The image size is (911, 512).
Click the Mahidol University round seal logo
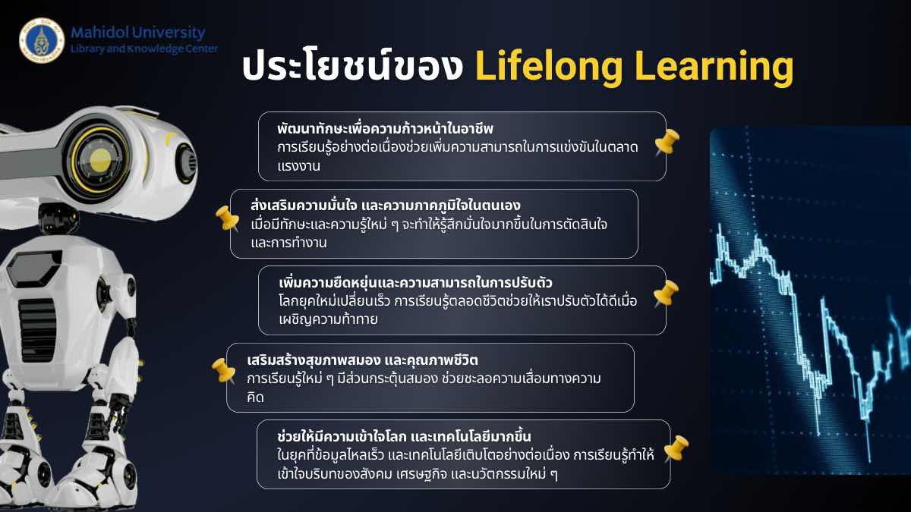42,40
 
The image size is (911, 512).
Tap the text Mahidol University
138,33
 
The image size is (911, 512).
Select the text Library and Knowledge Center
144,49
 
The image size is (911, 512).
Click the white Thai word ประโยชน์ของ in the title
352,65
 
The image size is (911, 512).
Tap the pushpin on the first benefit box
667,142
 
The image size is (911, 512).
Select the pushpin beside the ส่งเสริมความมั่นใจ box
227,218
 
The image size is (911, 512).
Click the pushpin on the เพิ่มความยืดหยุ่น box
667,293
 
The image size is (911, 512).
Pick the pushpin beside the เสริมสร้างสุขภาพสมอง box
224,371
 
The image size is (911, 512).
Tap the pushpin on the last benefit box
676,448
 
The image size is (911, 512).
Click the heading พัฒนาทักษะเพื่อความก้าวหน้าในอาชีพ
385,129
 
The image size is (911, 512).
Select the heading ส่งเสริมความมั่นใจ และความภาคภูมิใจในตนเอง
386,206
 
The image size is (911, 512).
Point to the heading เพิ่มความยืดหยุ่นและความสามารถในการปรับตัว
416,282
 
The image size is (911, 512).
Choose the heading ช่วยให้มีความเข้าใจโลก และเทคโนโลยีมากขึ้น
404,436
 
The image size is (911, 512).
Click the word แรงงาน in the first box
299,166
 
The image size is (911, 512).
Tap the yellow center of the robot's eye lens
100,160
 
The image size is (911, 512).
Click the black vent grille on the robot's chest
38,331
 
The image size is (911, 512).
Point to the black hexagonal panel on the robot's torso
35,266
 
